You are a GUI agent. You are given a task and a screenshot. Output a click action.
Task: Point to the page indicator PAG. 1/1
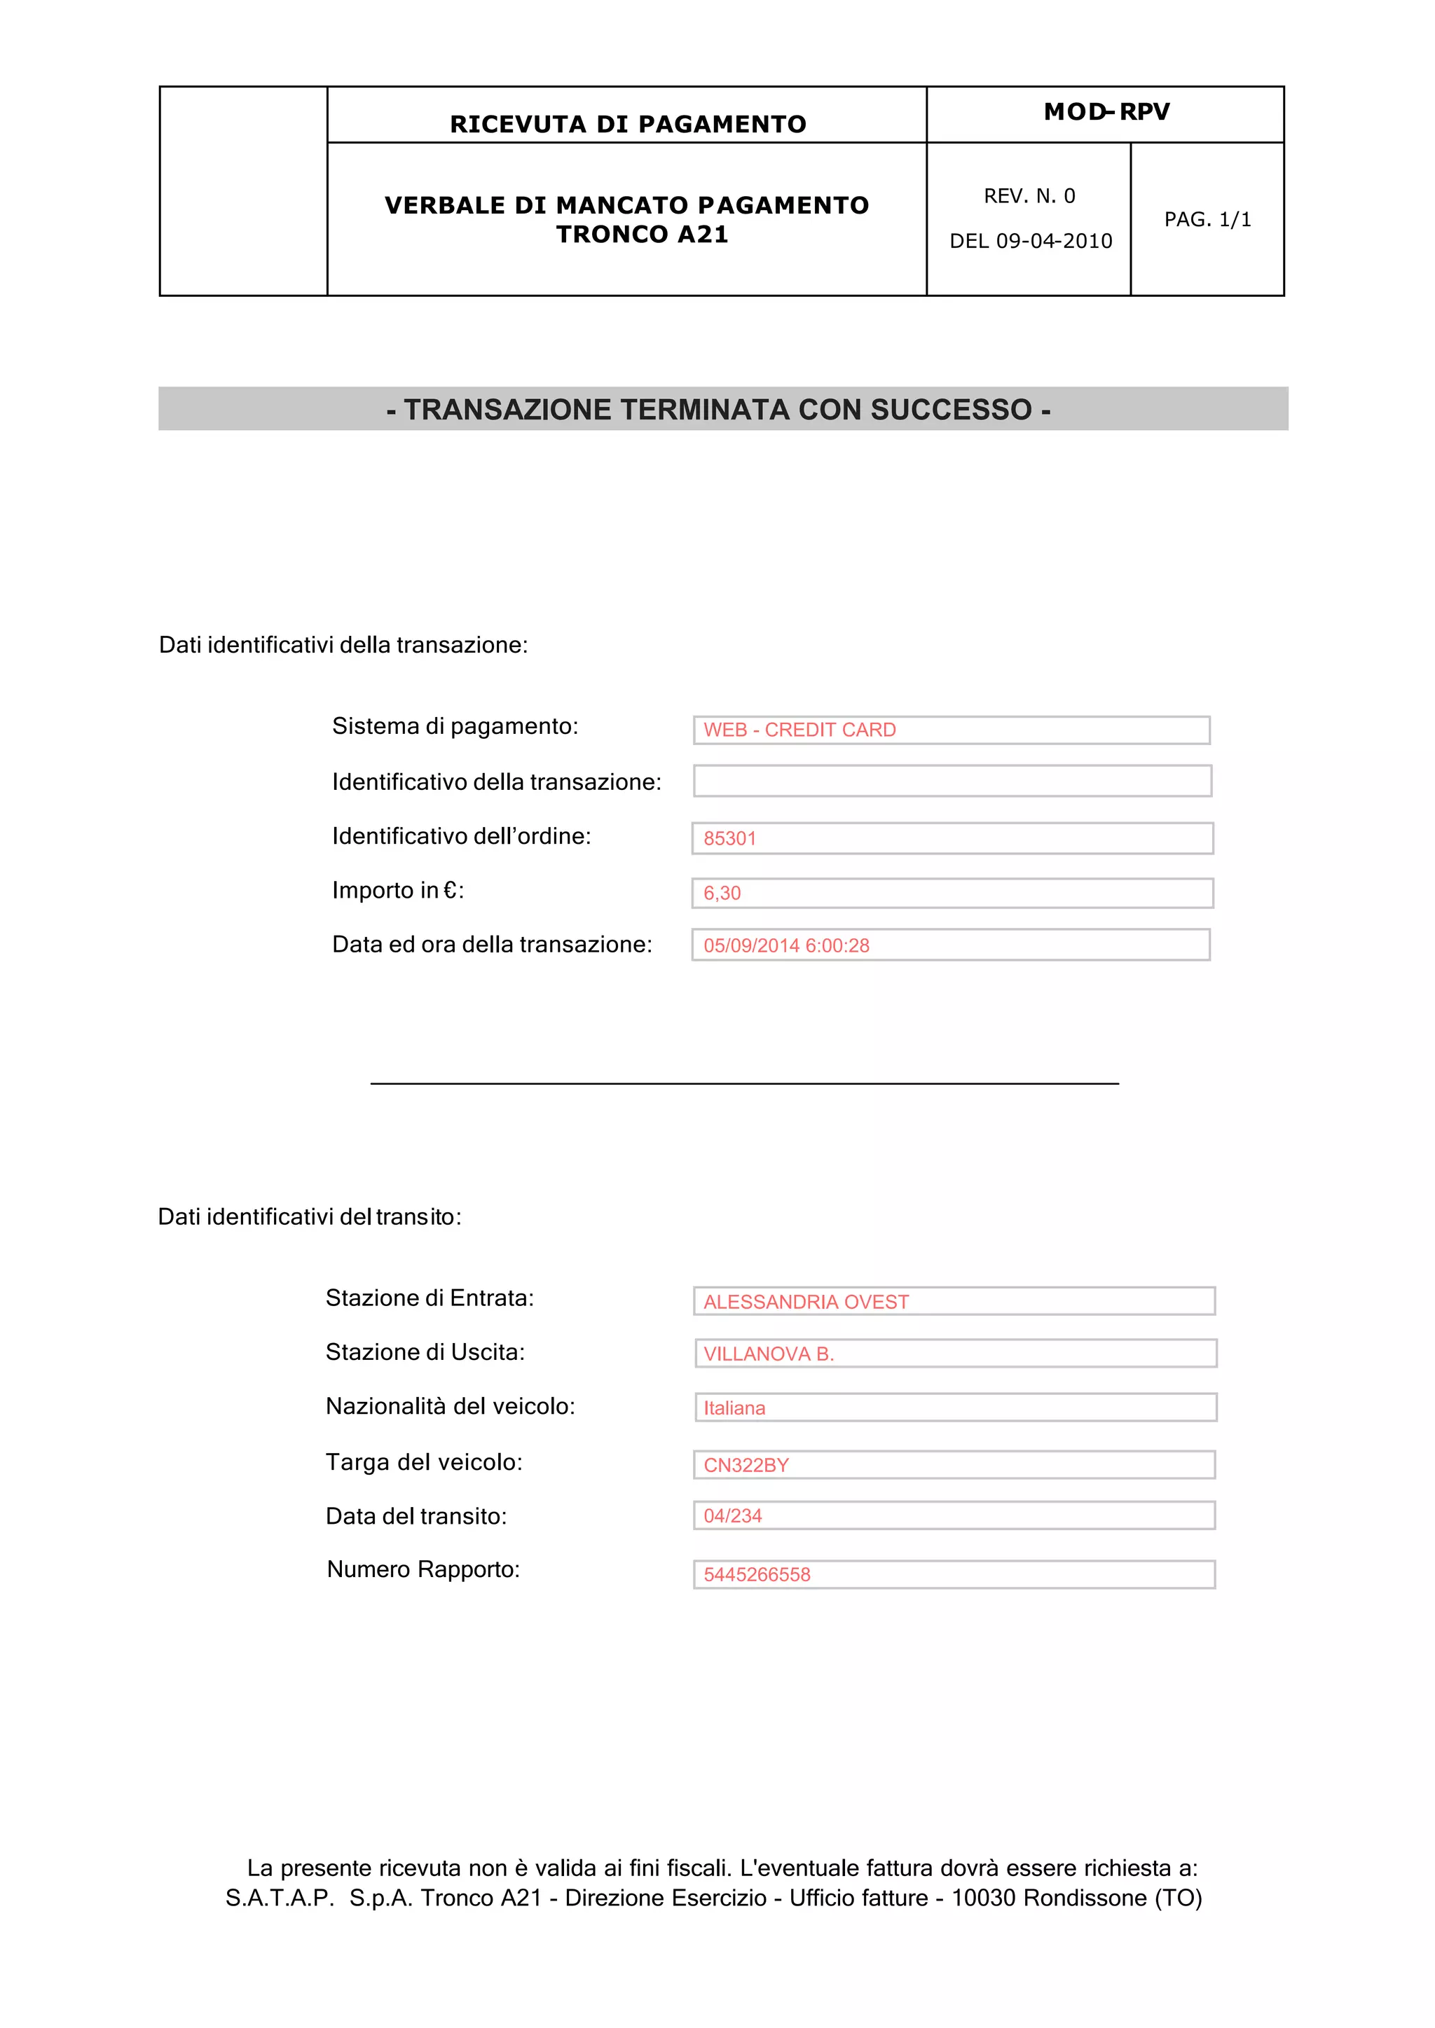click(x=1207, y=219)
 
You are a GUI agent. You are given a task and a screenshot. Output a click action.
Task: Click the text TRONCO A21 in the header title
click(x=643, y=235)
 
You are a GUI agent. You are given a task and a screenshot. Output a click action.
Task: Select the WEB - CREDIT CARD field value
click(x=799, y=730)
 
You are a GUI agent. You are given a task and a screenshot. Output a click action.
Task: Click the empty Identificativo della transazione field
click(x=952, y=781)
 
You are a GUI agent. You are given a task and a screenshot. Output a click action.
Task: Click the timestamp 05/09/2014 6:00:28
click(x=785, y=945)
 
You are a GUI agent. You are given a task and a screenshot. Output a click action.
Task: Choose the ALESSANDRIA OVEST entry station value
click(x=805, y=1302)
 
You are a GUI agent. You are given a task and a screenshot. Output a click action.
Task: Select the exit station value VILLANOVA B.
click(x=768, y=1354)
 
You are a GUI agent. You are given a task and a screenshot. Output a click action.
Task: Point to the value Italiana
click(x=734, y=1408)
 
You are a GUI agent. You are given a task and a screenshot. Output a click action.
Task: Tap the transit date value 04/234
click(x=732, y=1515)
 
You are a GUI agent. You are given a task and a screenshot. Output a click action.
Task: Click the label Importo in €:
click(x=397, y=890)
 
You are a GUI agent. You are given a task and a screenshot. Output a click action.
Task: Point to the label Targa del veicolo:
click(x=423, y=1461)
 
